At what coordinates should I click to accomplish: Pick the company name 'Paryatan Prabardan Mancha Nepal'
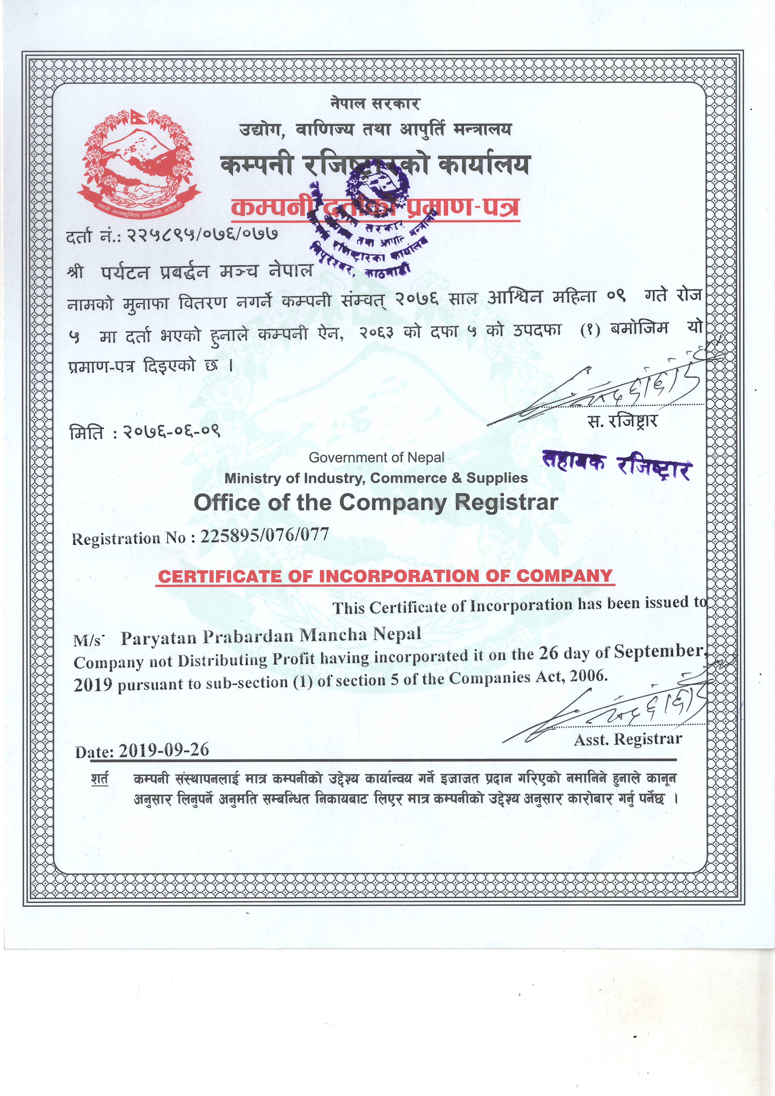[x=271, y=636]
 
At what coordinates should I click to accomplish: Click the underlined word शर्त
[x=100, y=779]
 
